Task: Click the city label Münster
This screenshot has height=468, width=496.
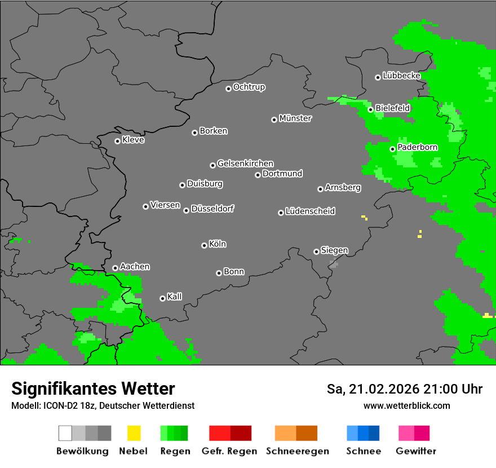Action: [x=295, y=118]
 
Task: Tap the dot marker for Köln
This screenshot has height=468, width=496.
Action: [x=204, y=245]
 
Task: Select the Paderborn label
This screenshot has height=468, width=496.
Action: [x=417, y=147]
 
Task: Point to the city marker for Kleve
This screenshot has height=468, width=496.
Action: [x=117, y=141]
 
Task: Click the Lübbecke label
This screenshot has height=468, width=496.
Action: [x=401, y=76]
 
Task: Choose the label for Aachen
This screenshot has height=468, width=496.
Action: [x=135, y=266]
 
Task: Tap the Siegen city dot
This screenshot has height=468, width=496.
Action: [x=316, y=251]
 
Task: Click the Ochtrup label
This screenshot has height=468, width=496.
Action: [x=249, y=87]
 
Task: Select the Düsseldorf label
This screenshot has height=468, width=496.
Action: [x=212, y=209]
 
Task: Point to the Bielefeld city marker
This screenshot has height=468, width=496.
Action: [x=370, y=109]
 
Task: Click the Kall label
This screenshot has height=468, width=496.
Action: [x=174, y=297]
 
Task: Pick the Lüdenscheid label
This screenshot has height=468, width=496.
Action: [x=310, y=211]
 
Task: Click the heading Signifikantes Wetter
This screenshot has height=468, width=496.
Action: [x=93, y=389]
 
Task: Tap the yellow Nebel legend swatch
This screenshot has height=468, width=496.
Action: [x=134, y=433]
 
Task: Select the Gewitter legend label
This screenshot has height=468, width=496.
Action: [x=416, y=451]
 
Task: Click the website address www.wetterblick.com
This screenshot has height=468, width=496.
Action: [x=406, y=405]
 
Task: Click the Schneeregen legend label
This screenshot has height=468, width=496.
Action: [x=298, y=451]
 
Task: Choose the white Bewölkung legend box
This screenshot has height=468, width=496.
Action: [x=65, y=433]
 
